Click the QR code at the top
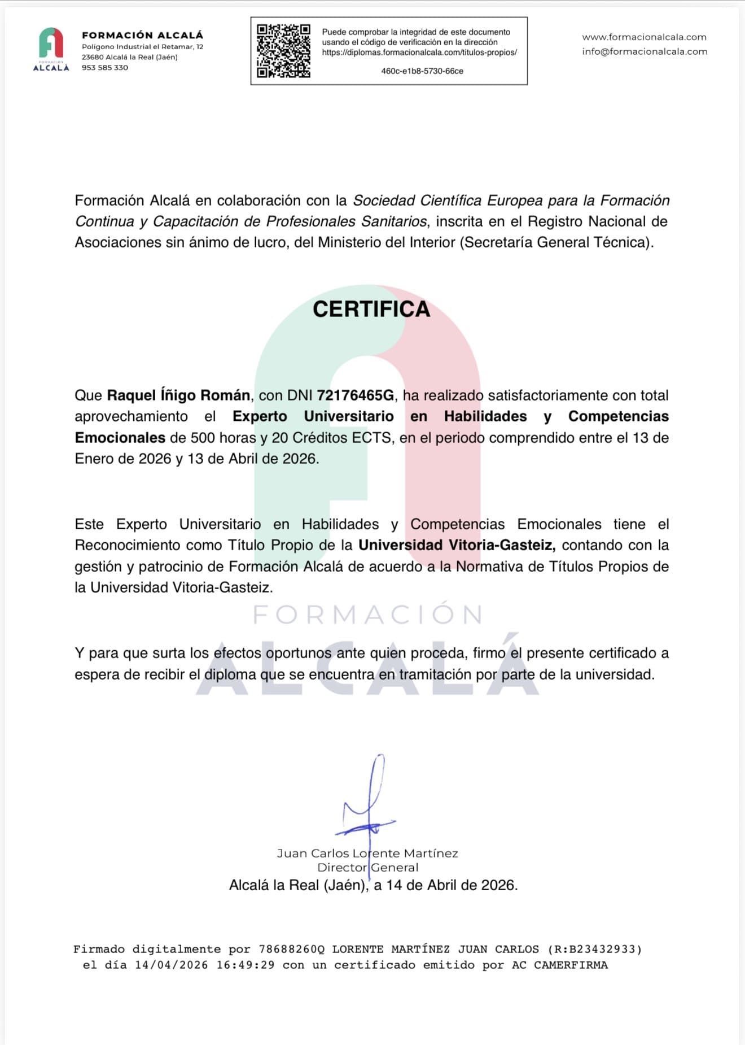(x=283, y=51)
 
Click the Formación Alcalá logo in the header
(x=51, y=50)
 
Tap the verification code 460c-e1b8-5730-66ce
(x=422, y=71)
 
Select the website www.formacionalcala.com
(x=644, y=37)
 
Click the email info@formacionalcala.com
(x=645, y=51)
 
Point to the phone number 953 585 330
(x=105, y=68)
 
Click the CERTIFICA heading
(x=371, y=309)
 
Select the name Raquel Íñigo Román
(x=178, y=395)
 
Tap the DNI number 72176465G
(x=356, y=395)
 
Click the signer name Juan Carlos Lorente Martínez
(x=367, y=853)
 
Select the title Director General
(x=367, y=868)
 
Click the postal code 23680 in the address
(x=93, y=57)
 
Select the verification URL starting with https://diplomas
(x=419, y=53)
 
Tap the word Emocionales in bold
(x=120, y=438)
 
